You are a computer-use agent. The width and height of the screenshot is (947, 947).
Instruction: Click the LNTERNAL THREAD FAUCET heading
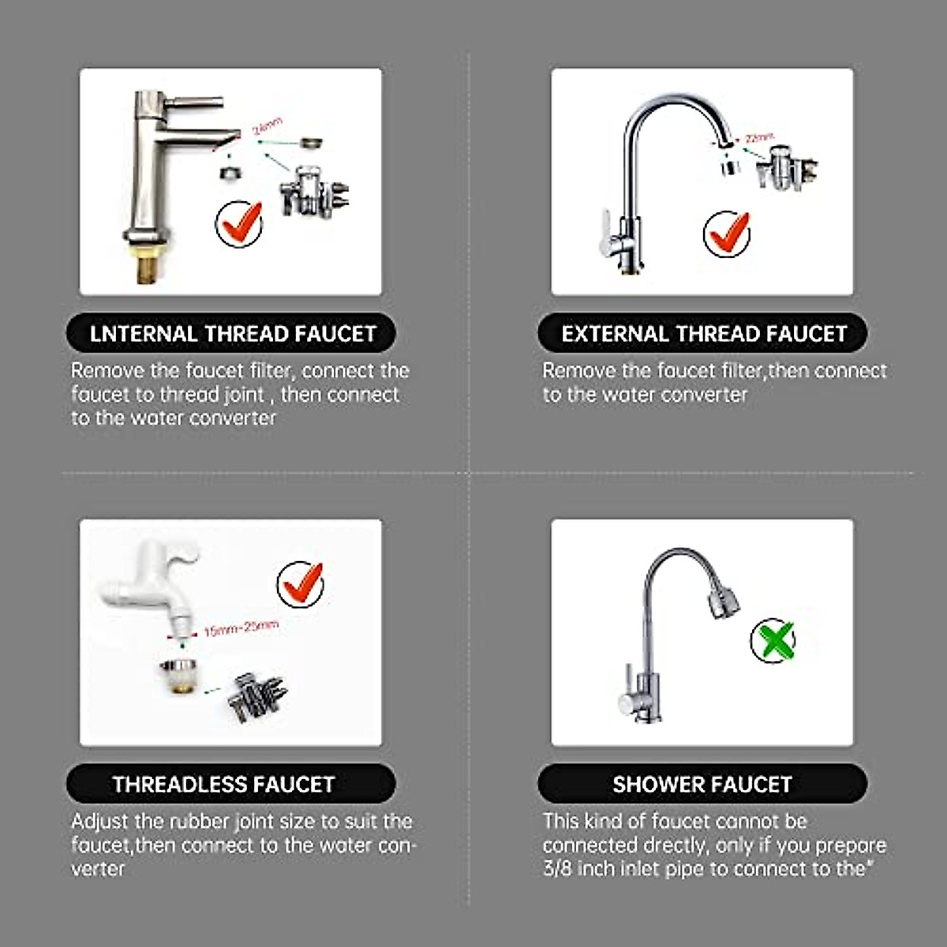coord(232,334)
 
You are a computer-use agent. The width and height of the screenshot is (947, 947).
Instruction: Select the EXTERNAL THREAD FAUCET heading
coord(703,334)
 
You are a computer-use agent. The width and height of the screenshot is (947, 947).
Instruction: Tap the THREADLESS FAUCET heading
coord(223,784)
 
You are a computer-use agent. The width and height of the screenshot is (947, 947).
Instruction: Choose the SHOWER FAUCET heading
coord(702,784)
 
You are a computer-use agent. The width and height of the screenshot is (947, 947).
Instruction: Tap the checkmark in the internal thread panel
coord(240,223)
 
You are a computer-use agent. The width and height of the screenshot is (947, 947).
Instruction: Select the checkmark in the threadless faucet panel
coord(301,584)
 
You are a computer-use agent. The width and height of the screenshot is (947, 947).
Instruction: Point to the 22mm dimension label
coord(758,137)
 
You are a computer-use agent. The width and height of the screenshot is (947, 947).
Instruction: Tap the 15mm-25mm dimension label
coord(240,628)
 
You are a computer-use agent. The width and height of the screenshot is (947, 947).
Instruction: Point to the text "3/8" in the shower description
coord(557,869)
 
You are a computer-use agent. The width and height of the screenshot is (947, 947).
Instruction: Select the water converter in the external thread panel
coord(785,167)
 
